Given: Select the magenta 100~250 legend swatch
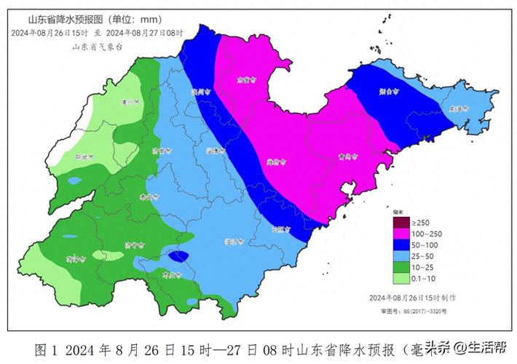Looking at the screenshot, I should pyautogui.click(x=400, y=234).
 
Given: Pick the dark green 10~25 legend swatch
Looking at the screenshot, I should pyautogui.click(x=400, y=266).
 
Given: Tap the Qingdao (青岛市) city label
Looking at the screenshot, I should pyautogui.click(x=350, y=156).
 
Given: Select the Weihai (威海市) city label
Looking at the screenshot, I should pyautogui.click(x=458, y=108).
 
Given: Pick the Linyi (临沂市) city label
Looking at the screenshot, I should pyautogui.click(x=234, y=240).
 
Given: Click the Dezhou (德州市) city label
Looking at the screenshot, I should pyautogui.click(x=130, y=103).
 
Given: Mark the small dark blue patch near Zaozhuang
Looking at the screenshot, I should pyautogui.click(x=178, y=256).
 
